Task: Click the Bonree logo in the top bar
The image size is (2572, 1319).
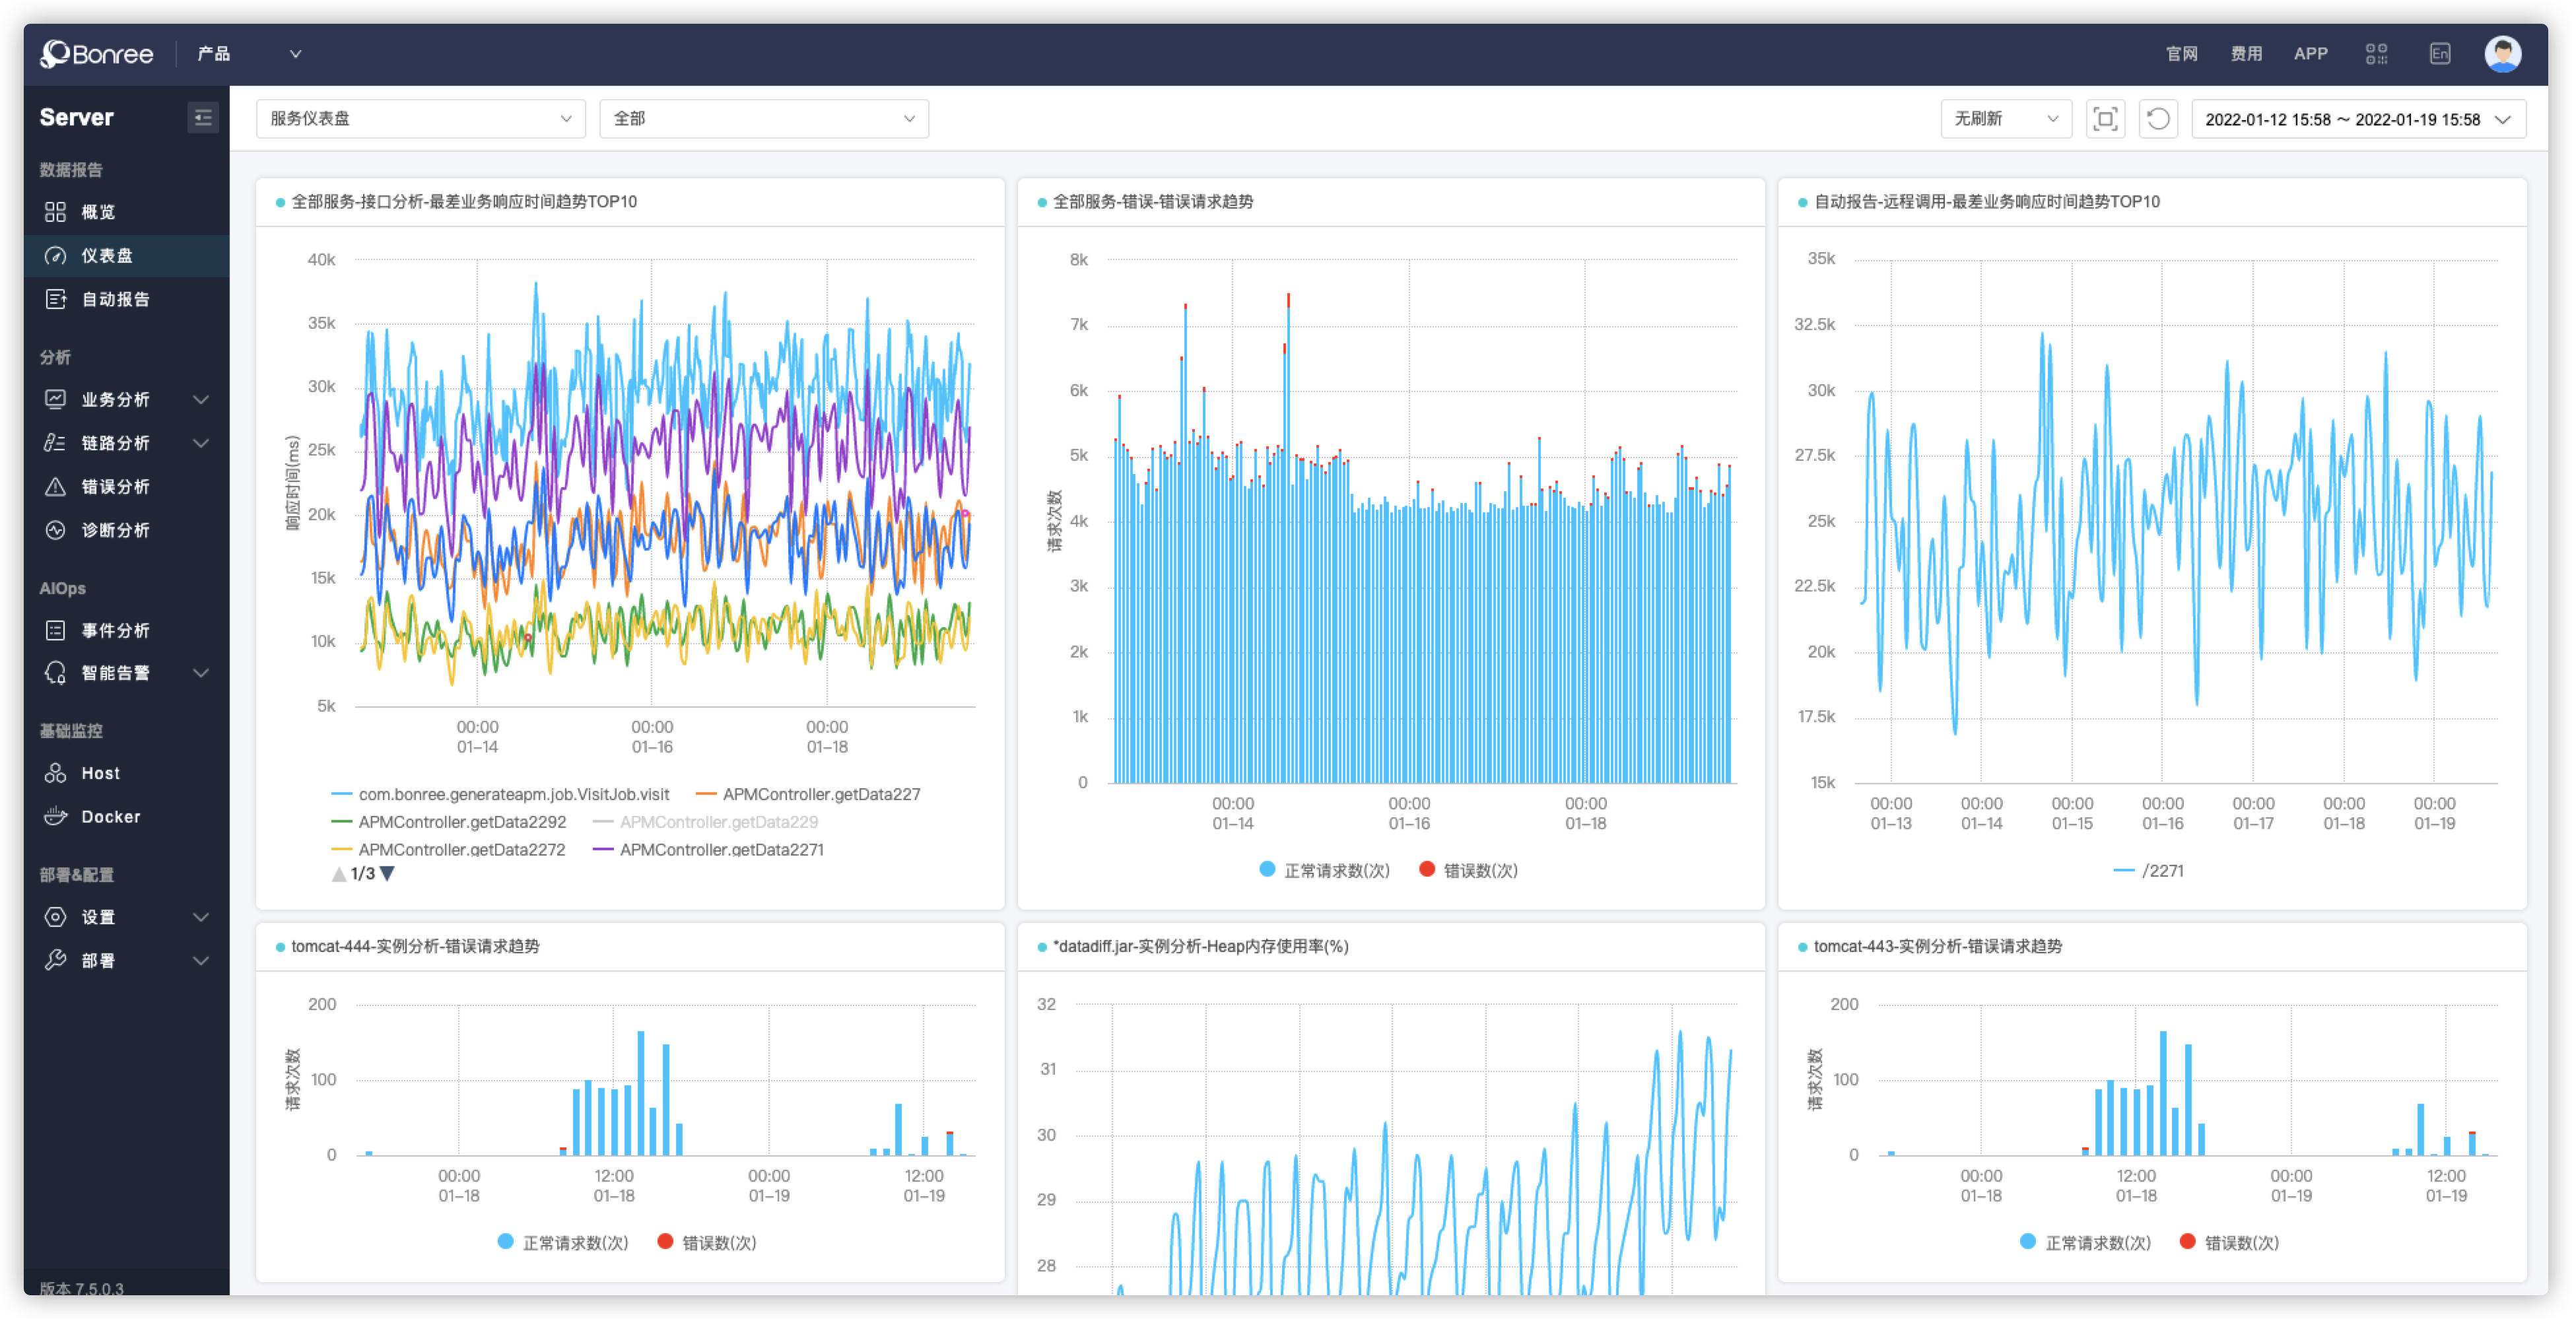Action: coord(97,54)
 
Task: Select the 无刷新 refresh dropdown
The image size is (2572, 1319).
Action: coord(2005,119)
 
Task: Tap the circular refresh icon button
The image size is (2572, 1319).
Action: coord(2157,119)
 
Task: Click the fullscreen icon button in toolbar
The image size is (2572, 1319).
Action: coord(2105,119)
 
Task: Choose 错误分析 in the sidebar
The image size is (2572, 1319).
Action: coord(115,487)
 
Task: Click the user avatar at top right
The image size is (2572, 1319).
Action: coord(2502,54)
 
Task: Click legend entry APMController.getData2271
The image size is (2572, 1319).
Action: coord(721,850)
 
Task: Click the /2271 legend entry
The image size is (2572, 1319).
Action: coord(2161,871)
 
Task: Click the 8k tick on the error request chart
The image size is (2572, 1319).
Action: coord(1078,259)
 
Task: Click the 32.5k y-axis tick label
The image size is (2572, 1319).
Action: coord(1814,325)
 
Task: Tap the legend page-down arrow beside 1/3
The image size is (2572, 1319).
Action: coord(388,873)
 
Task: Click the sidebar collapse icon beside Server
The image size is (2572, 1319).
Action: coord(203,118)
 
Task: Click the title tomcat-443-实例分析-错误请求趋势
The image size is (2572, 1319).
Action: coord(1937,947)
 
